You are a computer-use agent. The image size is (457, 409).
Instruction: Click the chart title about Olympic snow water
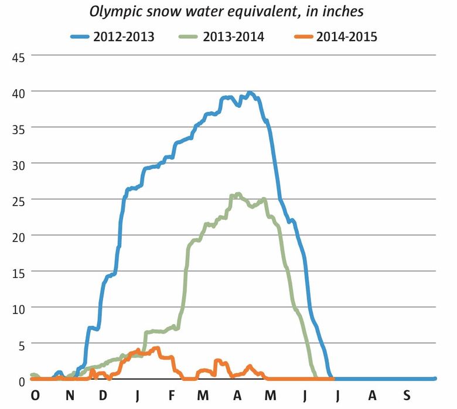pyautogui.click(x=227, y=11)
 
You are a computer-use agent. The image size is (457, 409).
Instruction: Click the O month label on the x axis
pyautogui.click(x=35, y=397)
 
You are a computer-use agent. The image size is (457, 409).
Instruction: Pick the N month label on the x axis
pyautogui.click(x=69, y=397)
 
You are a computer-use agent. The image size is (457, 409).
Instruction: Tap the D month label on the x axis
pyautogui.click(x=103, y=397)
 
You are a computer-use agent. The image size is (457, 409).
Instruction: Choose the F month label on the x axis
pyautogui.click(x=171, y=397)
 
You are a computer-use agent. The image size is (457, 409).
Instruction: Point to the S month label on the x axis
pyautogui.click(x=406, y=397)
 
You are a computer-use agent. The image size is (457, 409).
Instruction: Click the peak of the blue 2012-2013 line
pyautogui.click(x=250, y=93)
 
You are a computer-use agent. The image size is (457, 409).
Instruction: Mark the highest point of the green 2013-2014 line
pyautogui.click(x=238, y=194)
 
